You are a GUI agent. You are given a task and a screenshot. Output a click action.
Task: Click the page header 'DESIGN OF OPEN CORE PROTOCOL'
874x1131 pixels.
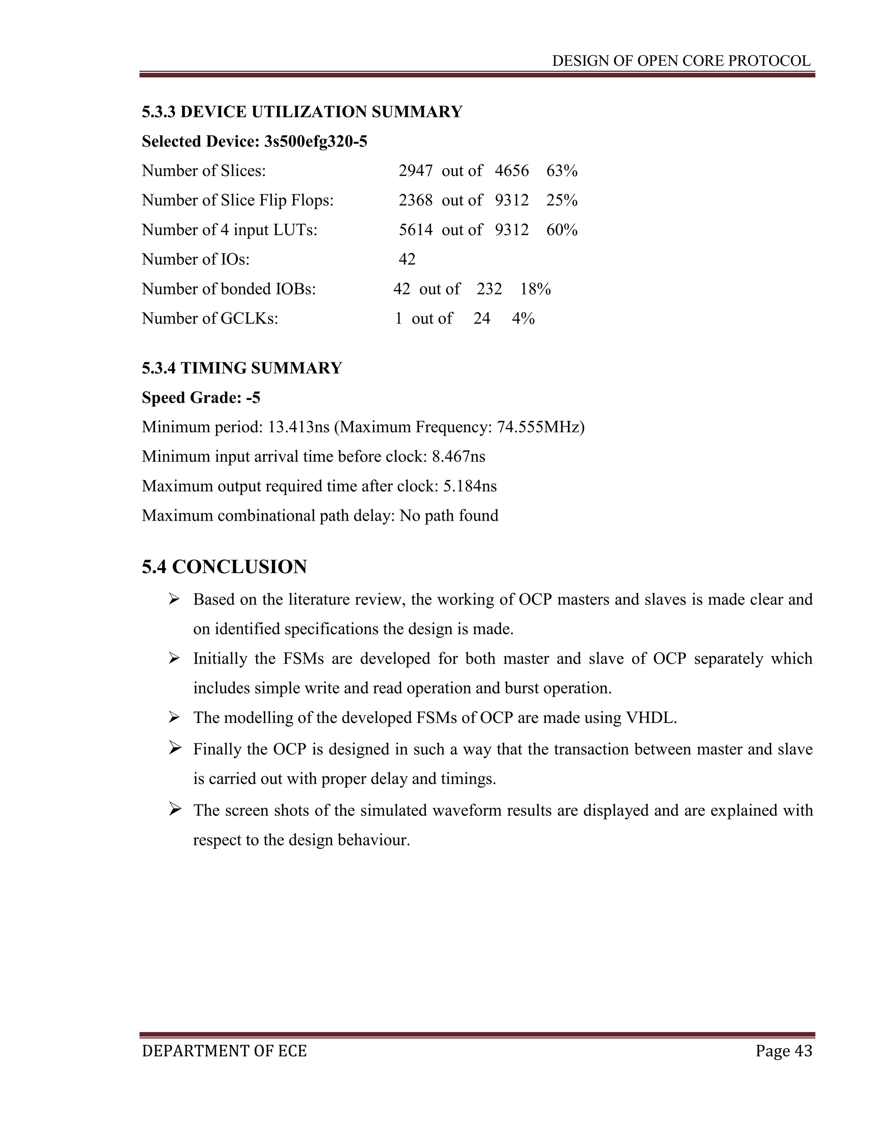tap(681, 61)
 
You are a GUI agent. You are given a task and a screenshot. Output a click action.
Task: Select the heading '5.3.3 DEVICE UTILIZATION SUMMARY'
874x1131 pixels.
tap(302, 112)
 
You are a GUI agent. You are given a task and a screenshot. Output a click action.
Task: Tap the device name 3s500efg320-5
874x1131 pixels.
tap(315, 141)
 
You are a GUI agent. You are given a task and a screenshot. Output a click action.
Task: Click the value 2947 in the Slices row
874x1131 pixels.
tap(415, 171)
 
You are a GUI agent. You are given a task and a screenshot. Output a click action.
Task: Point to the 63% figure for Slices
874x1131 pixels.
tap(562, 171)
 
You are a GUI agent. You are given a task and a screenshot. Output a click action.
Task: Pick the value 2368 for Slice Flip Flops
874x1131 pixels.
tap(415, 201)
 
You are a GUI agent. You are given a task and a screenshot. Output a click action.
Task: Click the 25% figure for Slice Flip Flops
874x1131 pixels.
tap(562, 201)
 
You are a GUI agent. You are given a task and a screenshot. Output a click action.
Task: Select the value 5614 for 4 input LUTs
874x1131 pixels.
tap(415, 230)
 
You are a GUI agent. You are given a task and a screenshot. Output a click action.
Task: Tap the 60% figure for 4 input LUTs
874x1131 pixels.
tap(562, 230)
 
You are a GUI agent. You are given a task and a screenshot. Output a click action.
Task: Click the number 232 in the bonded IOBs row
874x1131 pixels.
tap(489, 289)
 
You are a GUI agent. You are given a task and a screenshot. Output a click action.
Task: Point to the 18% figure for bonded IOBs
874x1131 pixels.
tap(536, 289)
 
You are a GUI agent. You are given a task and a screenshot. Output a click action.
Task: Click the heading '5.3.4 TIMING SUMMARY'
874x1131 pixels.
tap(242, 368)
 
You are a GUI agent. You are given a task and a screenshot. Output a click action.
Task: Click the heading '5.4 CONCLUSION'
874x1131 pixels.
tap(224, 567)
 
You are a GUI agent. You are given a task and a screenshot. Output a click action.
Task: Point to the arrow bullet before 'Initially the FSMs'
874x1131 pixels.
tap(174, 658)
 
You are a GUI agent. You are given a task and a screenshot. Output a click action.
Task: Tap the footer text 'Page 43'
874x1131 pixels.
tap(784, 1051)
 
